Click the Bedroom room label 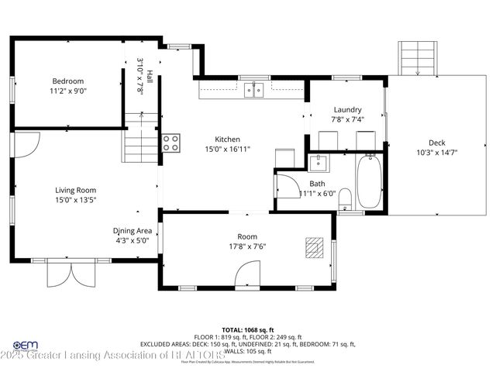[68, 81]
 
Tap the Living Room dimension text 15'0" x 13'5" [75, 200]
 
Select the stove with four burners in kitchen [170, 142]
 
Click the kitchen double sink [253, 91]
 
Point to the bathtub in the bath [369, 181]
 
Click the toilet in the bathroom [346, 198]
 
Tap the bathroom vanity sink [318, 163]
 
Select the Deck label [437, 142]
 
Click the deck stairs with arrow [417, 57]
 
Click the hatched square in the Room [314, 246]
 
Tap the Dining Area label [132, 230]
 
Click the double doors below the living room [64, 274]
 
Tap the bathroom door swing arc [284, 186]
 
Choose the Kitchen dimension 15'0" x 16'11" [227, 149]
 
